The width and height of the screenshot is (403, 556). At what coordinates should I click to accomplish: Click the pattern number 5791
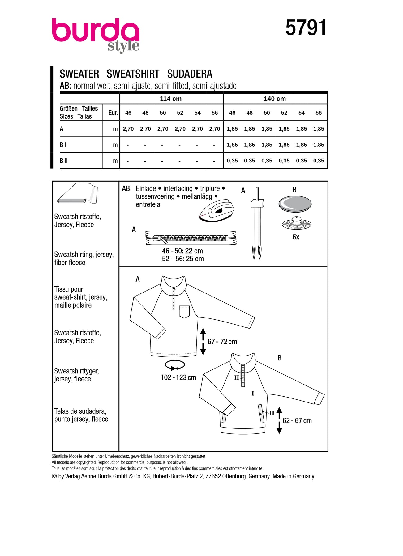[306, 27]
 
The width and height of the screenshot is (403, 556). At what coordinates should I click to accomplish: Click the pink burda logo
[95, 31]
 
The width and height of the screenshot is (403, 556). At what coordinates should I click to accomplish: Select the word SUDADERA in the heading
[190, 74]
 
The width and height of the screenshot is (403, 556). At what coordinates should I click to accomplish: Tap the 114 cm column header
[171, 99]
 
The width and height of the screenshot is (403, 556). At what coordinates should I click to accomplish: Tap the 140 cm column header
[275, 99]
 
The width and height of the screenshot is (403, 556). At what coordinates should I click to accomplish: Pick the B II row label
[64, 161]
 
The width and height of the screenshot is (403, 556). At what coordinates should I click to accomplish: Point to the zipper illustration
[191, 238]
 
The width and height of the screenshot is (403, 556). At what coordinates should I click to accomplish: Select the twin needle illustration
[257, 222]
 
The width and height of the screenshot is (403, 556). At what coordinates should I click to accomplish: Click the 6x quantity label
[296, 237]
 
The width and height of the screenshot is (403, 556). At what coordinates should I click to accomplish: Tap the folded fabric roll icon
[77, 193]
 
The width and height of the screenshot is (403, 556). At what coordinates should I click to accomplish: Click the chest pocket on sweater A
[184, 311]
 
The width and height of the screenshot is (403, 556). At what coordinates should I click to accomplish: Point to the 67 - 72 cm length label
[222, 342]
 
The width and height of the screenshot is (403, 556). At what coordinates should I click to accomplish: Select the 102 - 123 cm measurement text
[178, 377]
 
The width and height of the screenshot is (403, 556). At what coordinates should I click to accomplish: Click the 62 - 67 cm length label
[297, 421]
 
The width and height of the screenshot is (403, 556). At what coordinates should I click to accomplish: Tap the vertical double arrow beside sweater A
[203, 341]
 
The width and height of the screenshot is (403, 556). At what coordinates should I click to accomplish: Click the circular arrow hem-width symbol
[175, 365]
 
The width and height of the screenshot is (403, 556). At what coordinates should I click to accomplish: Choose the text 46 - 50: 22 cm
[182, 251]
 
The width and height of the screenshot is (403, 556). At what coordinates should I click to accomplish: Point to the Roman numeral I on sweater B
[253, 394]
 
